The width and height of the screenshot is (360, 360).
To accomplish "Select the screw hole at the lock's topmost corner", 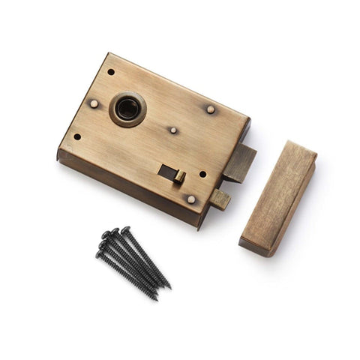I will pyautogui.click(x=111, y=72).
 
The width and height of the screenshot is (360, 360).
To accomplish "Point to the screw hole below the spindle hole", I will pyautogui.click(x=76, y=136).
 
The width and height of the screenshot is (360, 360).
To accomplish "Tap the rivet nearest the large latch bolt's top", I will pyautogui.click(x=211, y=109).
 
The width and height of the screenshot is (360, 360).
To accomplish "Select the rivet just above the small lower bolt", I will pyautogui.click(x=191, y=199).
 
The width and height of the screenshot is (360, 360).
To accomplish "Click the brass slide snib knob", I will pyautogui.click(x=180, y=177).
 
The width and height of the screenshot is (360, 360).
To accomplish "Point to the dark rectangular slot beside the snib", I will pyautogui.click(x=167, y=172).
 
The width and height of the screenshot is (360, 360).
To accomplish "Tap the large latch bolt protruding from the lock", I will pyautogui.click(x=241, y=163).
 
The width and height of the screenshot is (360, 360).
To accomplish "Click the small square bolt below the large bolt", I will pyautogui.click(x=220, y=199).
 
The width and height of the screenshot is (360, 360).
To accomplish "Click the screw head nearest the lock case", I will pyautogui.click(x=125, y=229).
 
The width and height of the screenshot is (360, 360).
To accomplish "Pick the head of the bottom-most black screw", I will pyautogui.click(x=100, y=254).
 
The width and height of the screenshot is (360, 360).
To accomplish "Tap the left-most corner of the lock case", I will pyautogui.click(x=58, y=155).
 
